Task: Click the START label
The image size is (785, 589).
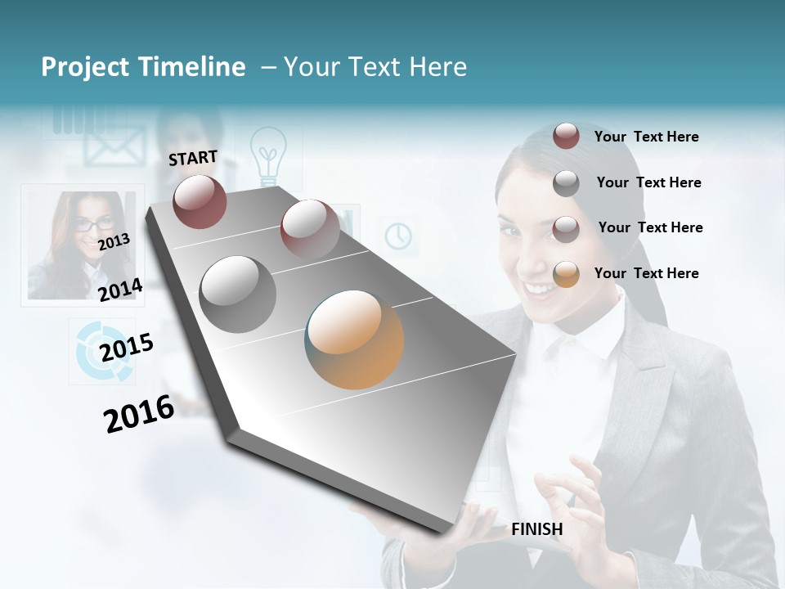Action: point(193,158)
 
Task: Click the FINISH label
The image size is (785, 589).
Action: point(536,529)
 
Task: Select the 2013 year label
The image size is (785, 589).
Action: point(114,242)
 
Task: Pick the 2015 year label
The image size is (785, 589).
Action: point(127,348)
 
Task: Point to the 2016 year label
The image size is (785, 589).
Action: point(139,413)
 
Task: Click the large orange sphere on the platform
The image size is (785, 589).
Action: point(354,339)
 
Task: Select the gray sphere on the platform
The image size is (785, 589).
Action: point(237,294)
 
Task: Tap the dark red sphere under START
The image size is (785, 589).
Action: point(200,201)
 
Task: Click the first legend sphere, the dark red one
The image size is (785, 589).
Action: point(566,136)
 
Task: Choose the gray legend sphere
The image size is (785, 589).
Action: point(566,183)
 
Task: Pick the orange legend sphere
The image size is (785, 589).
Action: point(566,274)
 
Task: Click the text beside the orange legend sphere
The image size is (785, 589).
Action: point(646,273)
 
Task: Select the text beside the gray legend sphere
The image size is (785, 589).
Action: point(648,182)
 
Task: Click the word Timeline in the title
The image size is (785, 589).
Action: point(193,67)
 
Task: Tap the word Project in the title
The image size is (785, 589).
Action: point(86,67)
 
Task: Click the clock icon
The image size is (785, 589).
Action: point(398,236)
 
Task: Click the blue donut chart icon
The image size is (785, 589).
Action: point(104,352)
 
